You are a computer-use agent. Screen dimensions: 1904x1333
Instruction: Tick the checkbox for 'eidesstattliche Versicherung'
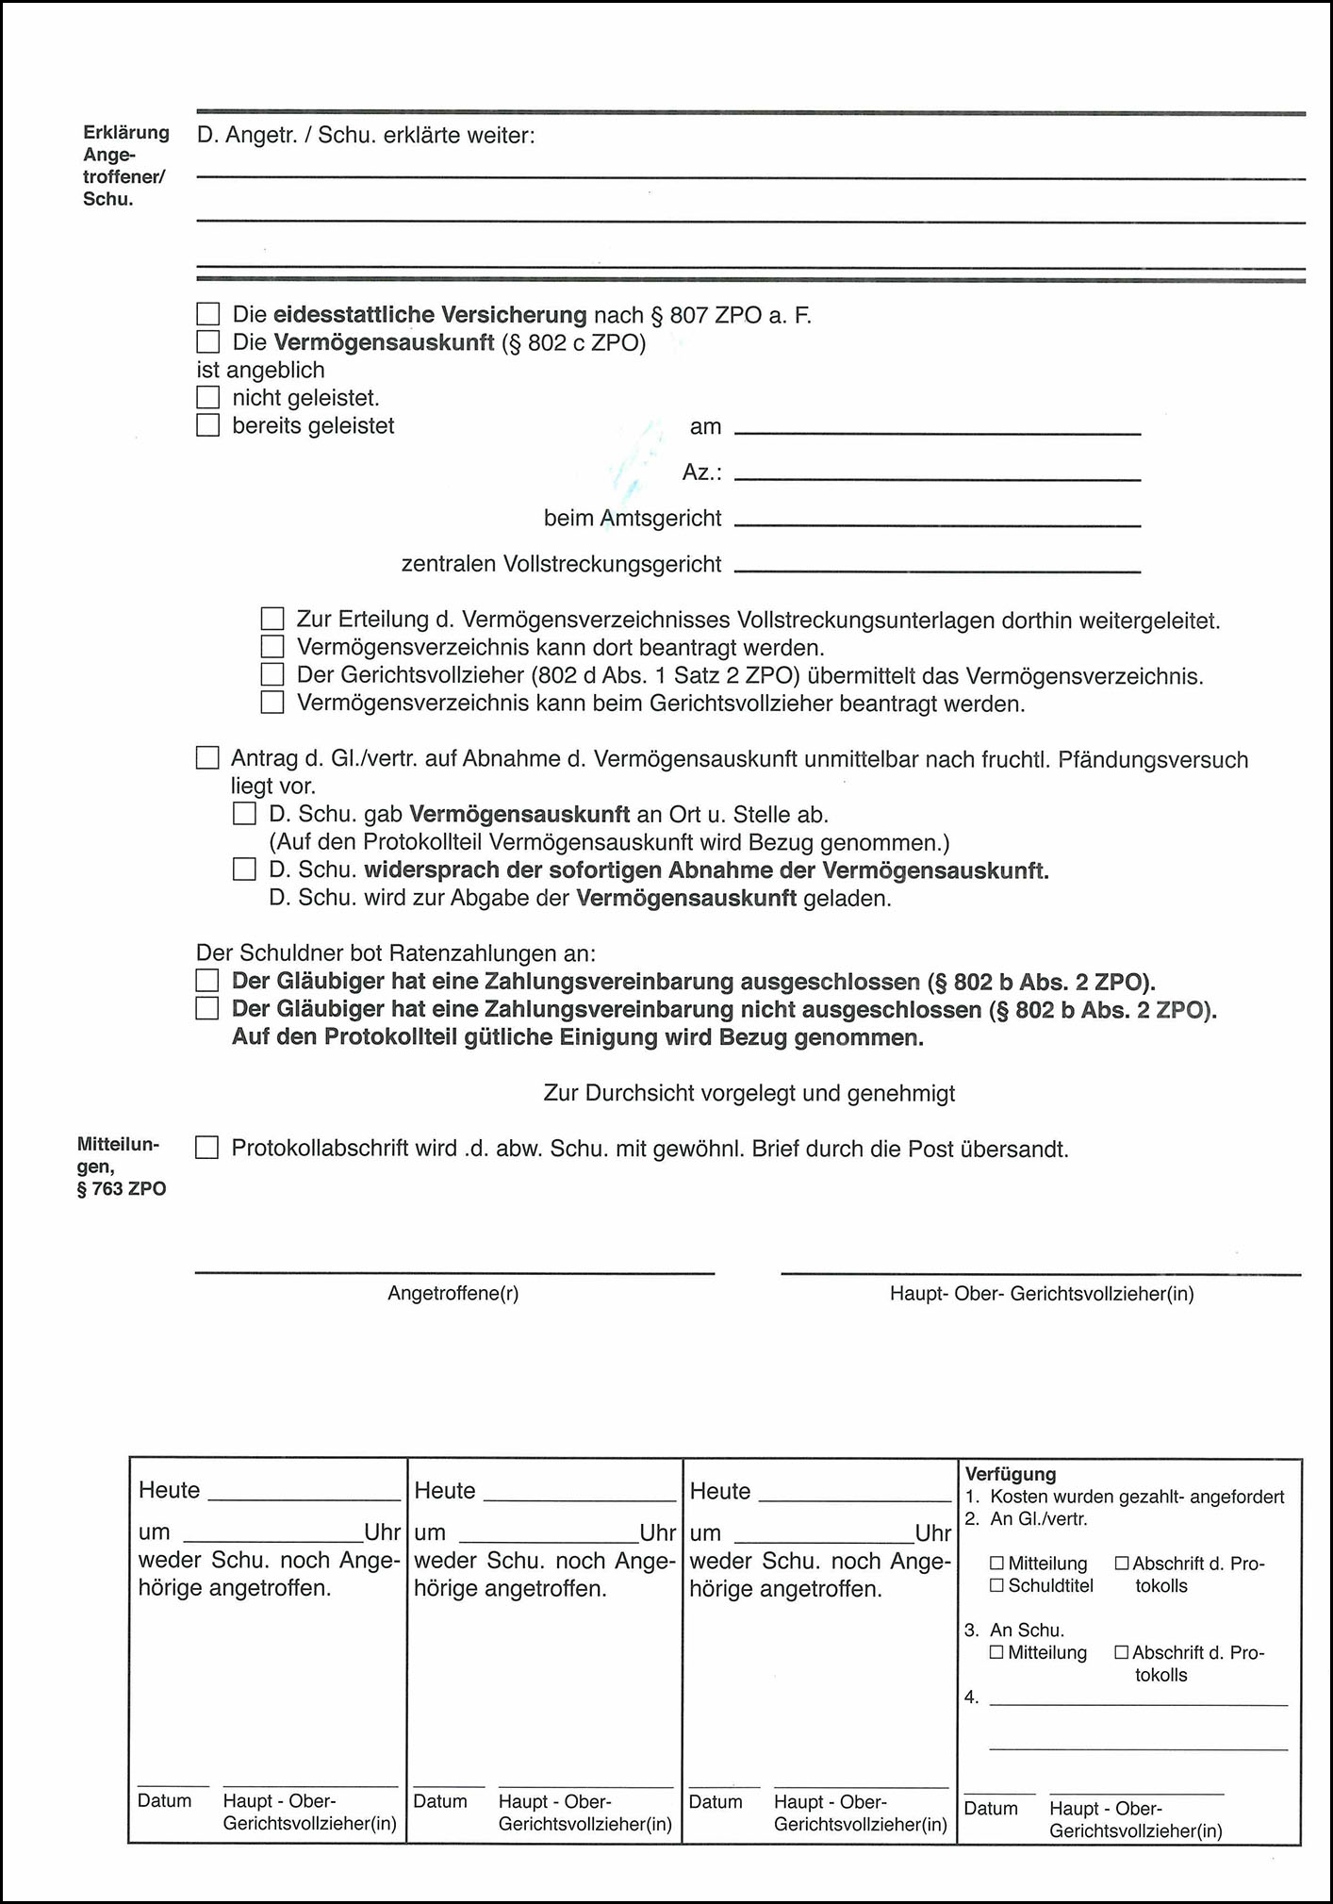click(x=207, y=314)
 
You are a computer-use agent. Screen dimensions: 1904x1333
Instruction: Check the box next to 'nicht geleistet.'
click(x=207, y=398)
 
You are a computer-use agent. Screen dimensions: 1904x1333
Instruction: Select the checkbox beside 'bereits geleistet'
click(x=207, y=425)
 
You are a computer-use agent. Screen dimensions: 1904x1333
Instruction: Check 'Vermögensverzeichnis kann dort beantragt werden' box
click(x=272, y=647)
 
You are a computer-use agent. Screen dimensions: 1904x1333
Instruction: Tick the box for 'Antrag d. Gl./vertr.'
click(x=207, y=758)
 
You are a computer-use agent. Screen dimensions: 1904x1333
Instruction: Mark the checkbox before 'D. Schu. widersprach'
click(x=244, y=869)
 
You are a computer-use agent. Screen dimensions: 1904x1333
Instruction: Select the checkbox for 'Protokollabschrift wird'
click(x=206, y=1148)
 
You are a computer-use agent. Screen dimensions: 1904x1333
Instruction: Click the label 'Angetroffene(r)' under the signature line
click(x=453, y=1293)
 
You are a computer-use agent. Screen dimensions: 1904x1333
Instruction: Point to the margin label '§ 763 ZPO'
click(x=122, y=1189)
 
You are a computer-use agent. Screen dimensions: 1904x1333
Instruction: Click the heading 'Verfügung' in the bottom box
click(x=1011, y=1474)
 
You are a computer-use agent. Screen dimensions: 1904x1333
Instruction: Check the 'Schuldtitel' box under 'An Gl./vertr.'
click(x=996, y=1586)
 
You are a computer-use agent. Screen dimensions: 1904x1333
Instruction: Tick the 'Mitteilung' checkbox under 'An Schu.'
click(x=996, y=1652)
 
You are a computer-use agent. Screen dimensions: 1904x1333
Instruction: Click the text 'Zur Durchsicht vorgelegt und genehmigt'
click(x=749, y=1093)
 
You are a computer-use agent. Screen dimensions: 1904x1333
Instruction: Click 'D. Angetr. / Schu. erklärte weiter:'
click(x=366, y=136)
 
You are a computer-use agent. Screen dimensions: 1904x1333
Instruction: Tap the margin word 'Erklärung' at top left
click(x=126, y=133)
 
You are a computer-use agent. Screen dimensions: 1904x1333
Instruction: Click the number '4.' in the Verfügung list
click(x=972, y=1697)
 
